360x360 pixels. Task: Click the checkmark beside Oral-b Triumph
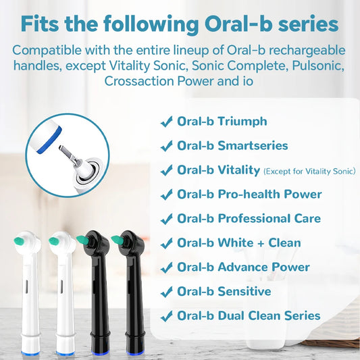pos(166,122)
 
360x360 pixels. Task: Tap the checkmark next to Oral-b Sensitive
pos(166,292)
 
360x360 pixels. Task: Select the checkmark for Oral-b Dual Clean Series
pos(166,316)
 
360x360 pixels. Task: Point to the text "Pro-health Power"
pos(269,195)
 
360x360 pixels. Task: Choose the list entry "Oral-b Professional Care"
pos(249,219)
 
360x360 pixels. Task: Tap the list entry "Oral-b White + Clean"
pos(238,243)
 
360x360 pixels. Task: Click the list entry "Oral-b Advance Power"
pos(243,267)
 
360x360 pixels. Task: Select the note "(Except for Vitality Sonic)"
pos(309,172)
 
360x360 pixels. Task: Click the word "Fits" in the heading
pos(44,24)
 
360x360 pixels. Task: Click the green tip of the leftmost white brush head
pos(20,240)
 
